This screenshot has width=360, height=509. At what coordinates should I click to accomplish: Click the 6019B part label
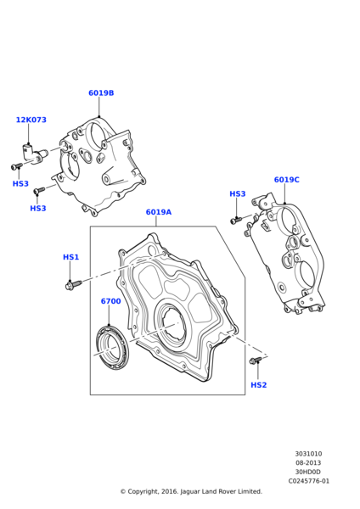click(101, 93)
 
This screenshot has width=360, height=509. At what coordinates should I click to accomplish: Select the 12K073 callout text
click(31, 120)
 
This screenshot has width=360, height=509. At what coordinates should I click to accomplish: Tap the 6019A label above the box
click(158, 212)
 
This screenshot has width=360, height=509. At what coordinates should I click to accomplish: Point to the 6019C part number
click(286, 180)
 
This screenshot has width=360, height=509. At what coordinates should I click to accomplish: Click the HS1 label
click(70, 257)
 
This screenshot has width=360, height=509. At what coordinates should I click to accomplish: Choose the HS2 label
click(258, 385)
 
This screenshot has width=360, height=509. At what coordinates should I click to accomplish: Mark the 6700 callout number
click(110, 301)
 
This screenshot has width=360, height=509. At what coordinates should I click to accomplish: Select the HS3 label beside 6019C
click(237, 194)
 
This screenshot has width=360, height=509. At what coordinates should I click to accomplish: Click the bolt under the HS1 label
click(72, 284)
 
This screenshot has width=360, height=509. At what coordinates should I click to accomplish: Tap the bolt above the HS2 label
click(256, 362)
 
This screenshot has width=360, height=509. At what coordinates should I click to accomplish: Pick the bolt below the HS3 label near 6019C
click(238, 219)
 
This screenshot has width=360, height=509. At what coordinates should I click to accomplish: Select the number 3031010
click(308, 454)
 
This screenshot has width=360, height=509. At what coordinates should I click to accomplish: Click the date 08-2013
click(308, 463)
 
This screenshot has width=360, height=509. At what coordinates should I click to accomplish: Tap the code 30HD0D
click(308, 473)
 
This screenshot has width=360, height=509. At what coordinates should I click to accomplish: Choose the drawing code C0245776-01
click(308, 482)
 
